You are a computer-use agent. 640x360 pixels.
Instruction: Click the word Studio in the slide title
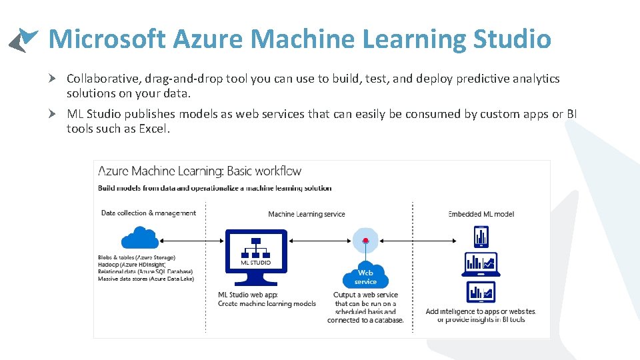[x=511, y=39]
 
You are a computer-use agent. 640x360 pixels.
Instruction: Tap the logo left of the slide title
[x=24, y=39]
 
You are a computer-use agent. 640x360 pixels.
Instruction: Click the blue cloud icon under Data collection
[x=139, y=238]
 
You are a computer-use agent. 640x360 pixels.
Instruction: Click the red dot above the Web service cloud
[x=365, y=240]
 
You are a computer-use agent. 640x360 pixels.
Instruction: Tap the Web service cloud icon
[x=365, y=275]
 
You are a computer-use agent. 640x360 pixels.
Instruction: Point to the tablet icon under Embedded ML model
[x=481, y=237]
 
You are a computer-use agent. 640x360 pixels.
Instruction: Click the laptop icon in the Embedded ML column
[x=481, y=265]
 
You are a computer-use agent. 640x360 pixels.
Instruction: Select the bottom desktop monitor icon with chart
[x=481, y=293]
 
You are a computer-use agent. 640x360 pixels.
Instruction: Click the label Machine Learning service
[x=307, y=214]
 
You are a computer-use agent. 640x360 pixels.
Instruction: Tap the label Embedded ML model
[x=481, y=214]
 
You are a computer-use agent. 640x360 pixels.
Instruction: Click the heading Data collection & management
[x=149, y=213]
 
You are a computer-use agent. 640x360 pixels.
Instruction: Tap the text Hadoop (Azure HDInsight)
[x=132, y=265]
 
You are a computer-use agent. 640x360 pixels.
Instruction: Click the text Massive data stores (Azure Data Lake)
[x=145, y=279]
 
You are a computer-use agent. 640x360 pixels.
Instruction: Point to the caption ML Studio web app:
[x=247, y=295]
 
